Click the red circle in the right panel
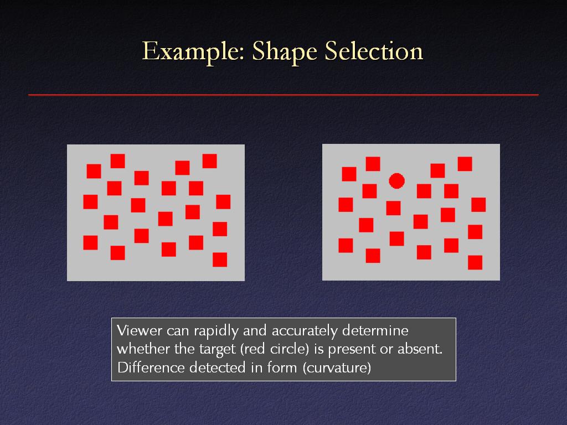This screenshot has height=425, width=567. click(x=396, y=181)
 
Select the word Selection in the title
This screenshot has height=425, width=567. click(x=374, y=50)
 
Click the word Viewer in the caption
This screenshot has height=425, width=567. click(x=139, y=330)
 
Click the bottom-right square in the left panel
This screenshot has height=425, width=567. click(x=220, y=260)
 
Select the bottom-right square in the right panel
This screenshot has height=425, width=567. click(x=475, y=262)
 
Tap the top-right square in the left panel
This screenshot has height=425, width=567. click(x=210, y=161)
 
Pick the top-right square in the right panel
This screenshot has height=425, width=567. click(x=465, y=164)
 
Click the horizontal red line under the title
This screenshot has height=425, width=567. click(x=283, y=95)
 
